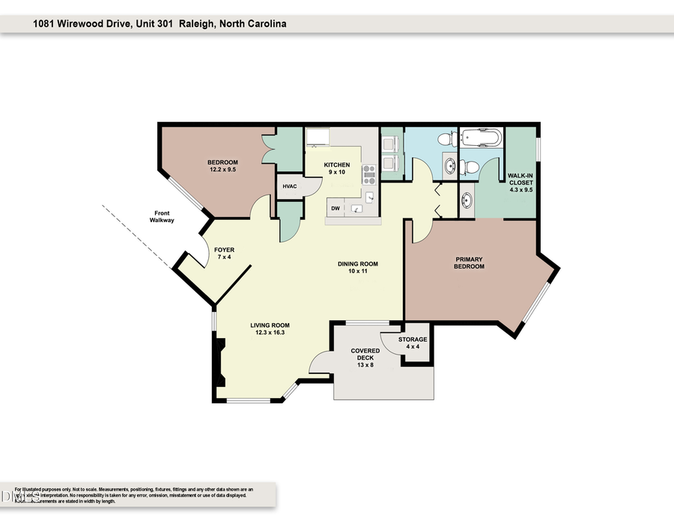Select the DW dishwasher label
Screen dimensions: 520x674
tap(336, 209)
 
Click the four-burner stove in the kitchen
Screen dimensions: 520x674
tap(369, 174)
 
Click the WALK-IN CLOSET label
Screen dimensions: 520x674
tap(520, 182)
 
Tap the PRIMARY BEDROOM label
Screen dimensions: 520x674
tap(470, 263)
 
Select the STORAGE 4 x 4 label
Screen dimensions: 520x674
tap(413, 343)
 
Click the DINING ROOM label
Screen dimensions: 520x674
tap(356, 268)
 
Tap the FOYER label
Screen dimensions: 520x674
tap(225, 254)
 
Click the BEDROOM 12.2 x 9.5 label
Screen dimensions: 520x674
tap(222, 166)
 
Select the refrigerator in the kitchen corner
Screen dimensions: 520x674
tap(318, 138)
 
